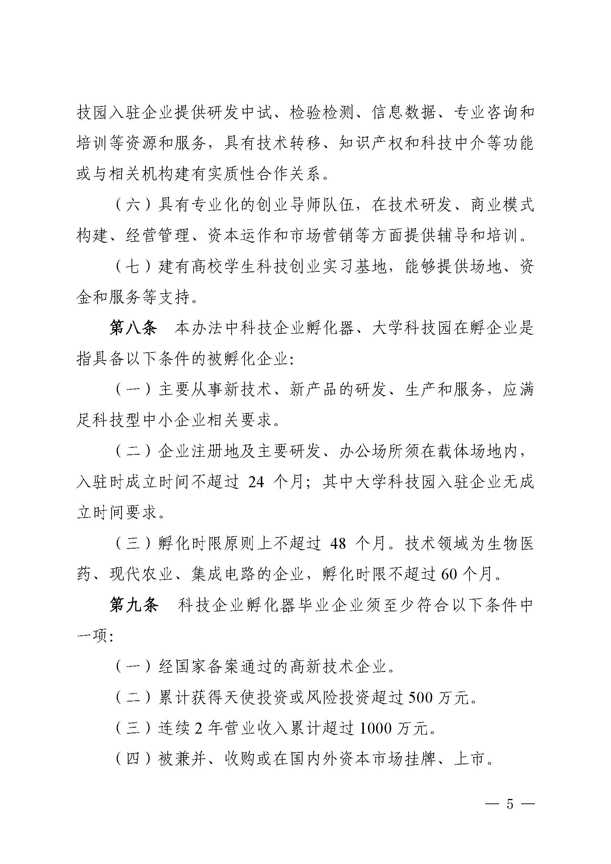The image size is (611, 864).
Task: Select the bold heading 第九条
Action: pos(134,605)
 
